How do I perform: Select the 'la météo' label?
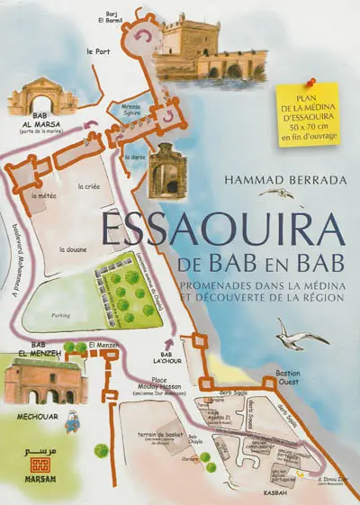point(44,194)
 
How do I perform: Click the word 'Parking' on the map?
point(62,315)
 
